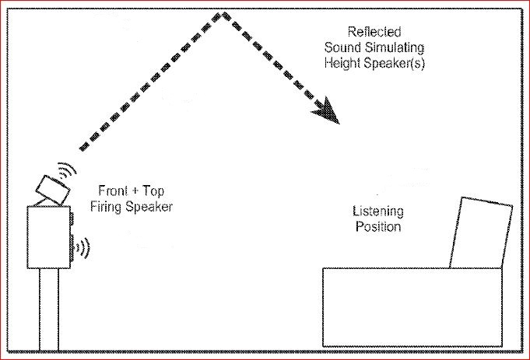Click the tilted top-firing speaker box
coord(54,187)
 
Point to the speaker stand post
coord(50,307)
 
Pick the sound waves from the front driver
coord(82,248)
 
